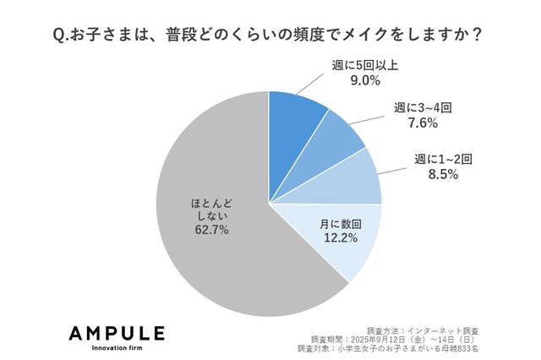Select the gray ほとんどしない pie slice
(203, 169)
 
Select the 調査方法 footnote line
(413, 328)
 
